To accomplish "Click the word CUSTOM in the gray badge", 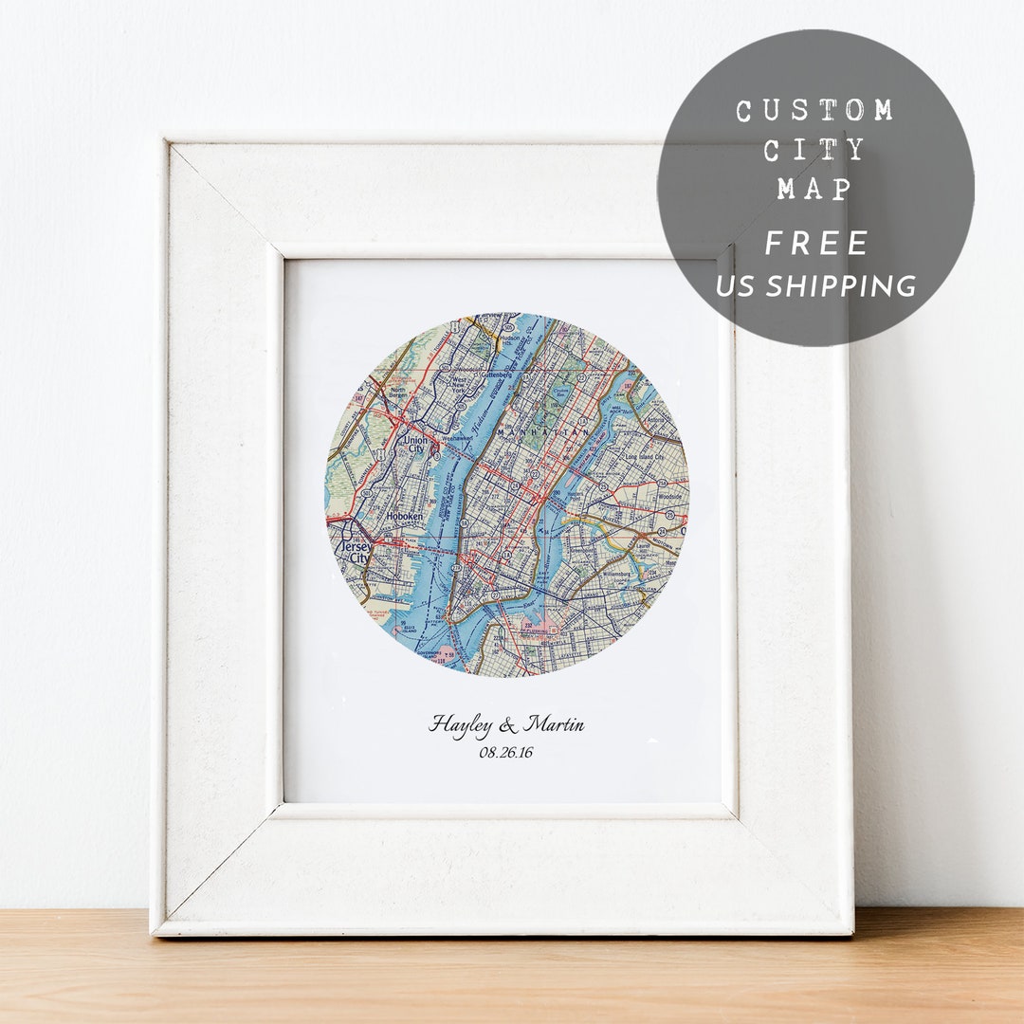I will (814, 111).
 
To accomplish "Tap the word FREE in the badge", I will (816, 244).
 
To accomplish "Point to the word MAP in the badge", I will (814, 189).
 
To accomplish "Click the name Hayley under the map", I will (460, 725).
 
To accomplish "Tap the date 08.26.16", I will (506, 753).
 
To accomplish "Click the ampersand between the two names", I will (508, 726).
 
